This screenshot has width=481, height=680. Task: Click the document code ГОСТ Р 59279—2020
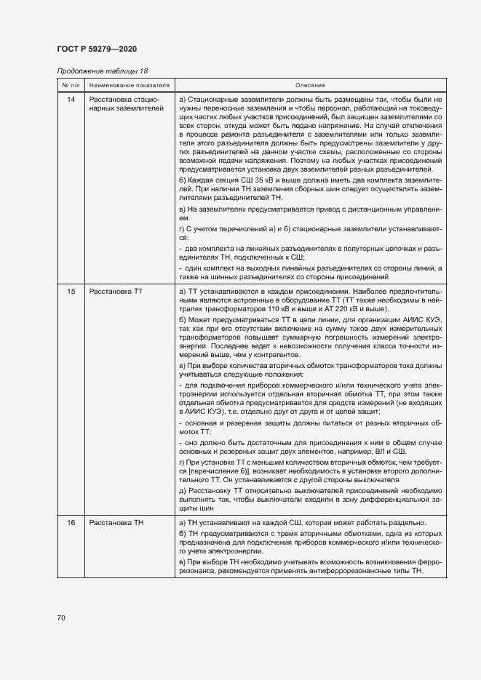click(96, 49)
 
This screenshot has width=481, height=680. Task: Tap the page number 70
click(60, 617)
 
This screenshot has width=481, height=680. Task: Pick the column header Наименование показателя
click(129, 85)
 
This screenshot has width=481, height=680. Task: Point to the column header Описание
click(310, 85)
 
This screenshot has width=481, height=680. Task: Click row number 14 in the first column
click(71, 99)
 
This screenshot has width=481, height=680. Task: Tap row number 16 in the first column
click(71, 524)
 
